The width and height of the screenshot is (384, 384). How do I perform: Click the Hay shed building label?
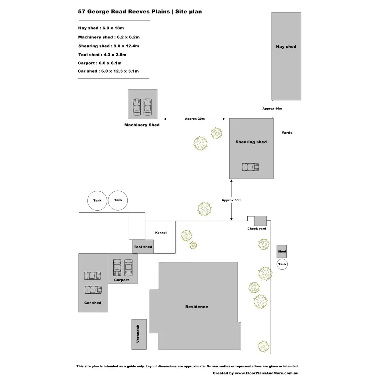click(286, 47)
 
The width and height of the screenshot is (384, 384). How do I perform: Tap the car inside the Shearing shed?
click(250, 167)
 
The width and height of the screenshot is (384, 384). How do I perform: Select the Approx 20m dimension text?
click(195, 119)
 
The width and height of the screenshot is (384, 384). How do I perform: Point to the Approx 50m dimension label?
click(231, 200)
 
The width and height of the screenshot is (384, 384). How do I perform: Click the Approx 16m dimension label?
click(272, 109)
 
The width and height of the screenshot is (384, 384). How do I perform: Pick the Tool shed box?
click(143, 247)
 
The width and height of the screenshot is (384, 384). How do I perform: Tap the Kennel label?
click(161, 233)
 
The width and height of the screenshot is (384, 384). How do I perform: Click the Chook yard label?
click(257, 229)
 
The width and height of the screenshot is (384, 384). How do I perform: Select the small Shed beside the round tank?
click(282, 252)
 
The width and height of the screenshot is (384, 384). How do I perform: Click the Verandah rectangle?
click(139, 334)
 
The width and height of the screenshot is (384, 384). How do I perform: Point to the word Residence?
click(196, 307)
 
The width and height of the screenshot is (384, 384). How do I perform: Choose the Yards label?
click(287, 133)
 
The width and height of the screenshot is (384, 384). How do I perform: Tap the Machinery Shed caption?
click(142, 125)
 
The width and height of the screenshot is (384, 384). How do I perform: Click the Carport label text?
click(121, 280)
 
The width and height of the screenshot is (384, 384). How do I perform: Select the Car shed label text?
click(92, 303)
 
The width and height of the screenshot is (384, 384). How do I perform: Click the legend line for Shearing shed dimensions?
click(108, 46)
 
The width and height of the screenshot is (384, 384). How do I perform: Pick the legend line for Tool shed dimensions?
click(102, 55)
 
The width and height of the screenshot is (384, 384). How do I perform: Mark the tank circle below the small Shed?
click(282, 264)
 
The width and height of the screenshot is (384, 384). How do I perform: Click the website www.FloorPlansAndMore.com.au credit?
click(267, 373)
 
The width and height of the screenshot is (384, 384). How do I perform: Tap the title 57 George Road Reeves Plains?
click(124, 12)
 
